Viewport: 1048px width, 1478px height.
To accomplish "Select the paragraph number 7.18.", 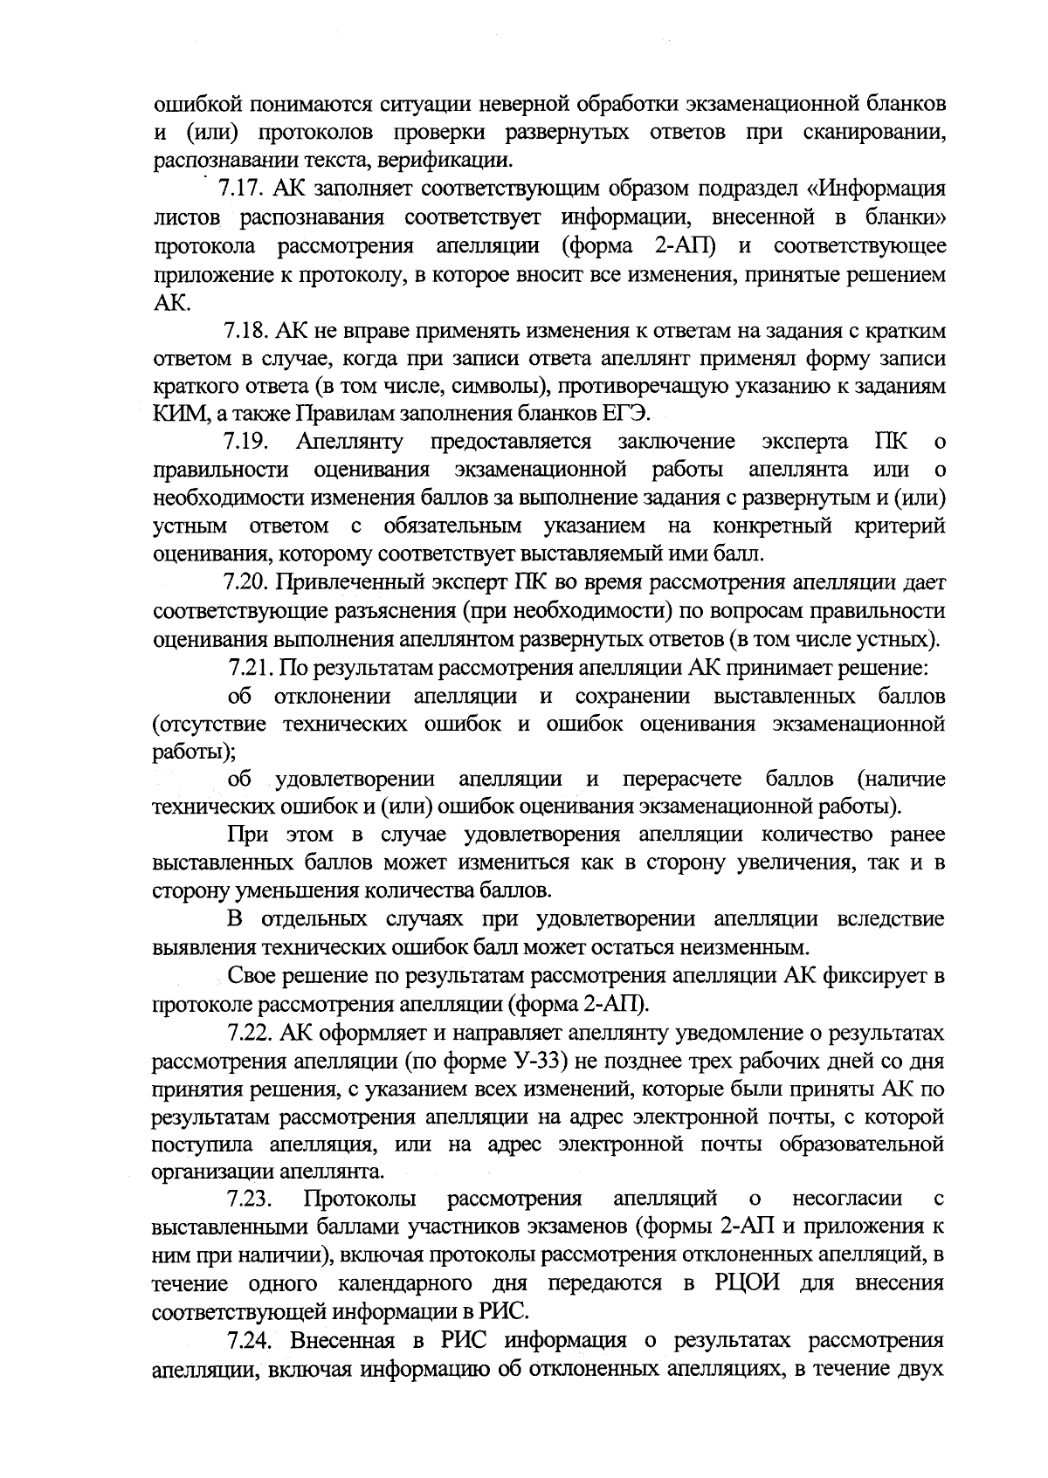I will [x=247, y=332].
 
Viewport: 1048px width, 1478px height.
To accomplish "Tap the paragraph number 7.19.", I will [x=247, y=443].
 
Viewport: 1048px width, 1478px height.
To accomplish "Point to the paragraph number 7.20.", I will [x=247, y=582].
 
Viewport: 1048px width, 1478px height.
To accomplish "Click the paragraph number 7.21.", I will [x=252, y=670].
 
